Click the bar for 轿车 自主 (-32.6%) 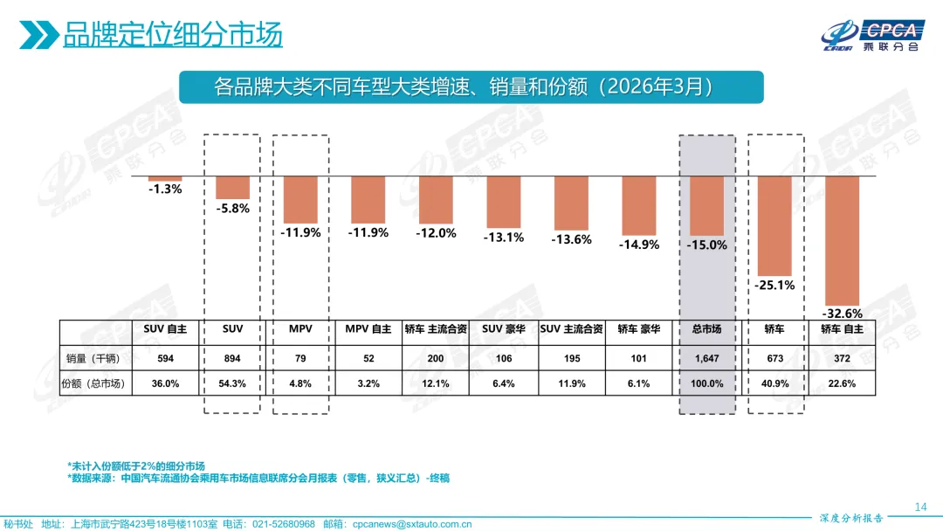click(x=843, y=239)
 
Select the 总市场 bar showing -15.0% click(x=707, y=205)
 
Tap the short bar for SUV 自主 click(x=165, y=178)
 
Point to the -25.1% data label click(x=774, y=285)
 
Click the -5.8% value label click(x=233, y=208)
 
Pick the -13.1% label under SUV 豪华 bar click(x=504, y=237)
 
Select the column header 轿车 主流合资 click(x=436, y=329)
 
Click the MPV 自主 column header click(x=368, y=329)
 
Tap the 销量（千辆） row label click(x=94, y=358)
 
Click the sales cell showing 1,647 click(x=707, y=358)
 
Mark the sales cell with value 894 click(x=233, y=358)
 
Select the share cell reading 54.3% click(x=233, y=383)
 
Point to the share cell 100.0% click(x=707, y=383)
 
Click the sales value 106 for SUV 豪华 click(x=504, y=358)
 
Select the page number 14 click(x=919, y=507)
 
